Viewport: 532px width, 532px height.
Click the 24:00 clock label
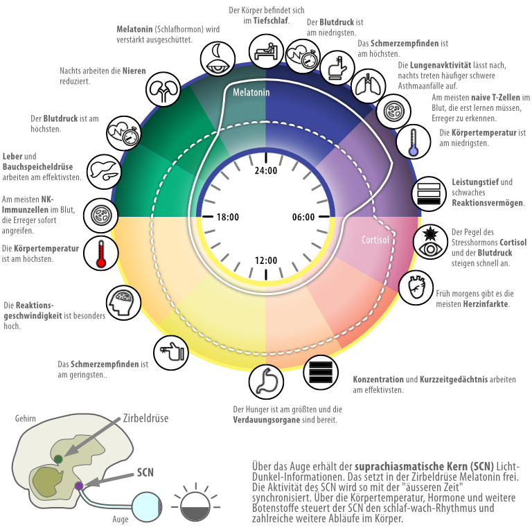[x=266, y=171]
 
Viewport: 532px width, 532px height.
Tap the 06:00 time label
[x=303, y=217]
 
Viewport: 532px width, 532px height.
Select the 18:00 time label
[x=229, y=217]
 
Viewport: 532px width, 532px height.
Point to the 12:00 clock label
[x=266, y=260]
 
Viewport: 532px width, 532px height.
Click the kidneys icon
[x=161, y=90]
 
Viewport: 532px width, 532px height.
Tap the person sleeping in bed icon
[x=267, y=51]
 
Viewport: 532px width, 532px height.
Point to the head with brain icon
[x=122, y=303]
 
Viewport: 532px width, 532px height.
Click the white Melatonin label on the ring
[x=251, y=92]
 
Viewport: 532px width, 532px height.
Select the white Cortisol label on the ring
[x=375, y=241]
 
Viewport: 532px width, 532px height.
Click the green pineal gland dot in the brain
[x=58, y=459]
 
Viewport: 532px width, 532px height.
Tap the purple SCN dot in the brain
[x=79, y=486]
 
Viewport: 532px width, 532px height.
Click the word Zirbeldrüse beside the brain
[x=145, y=418]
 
